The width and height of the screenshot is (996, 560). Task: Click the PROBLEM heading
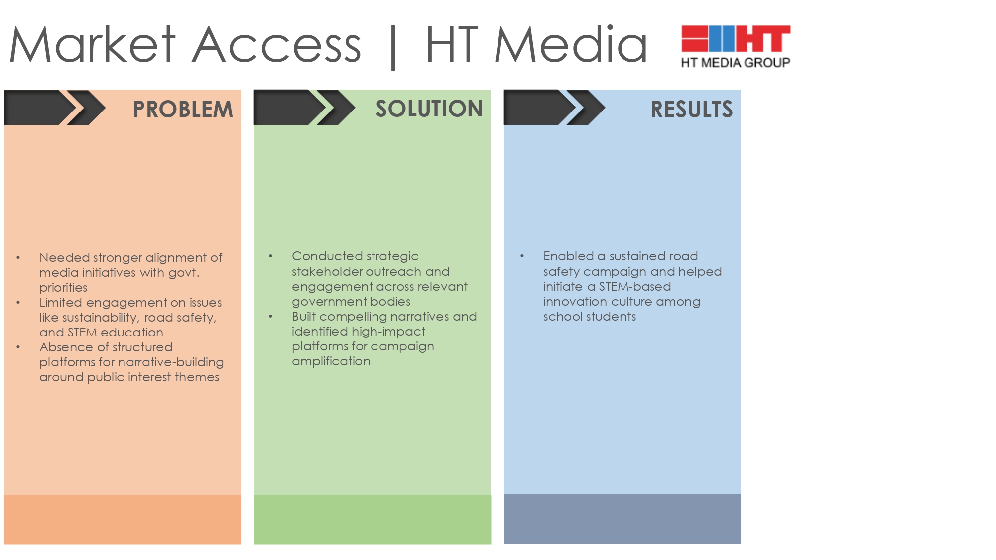(x=183, y=109)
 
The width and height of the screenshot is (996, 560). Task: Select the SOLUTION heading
(x=429, y=109)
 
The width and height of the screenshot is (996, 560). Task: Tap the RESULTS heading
(x=691, y=109)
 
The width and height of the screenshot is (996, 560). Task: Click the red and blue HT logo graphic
(x=736, y=38)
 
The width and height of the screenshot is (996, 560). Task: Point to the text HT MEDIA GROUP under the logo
(x=736, y=63)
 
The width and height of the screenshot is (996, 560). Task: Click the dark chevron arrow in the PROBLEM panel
(x=55, y=107)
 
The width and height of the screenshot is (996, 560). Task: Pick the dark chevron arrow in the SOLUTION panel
(x=304, y=107)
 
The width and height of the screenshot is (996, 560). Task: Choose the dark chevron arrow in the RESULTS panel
(x=554, y=107)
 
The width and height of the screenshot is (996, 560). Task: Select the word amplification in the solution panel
(x=331, y=361)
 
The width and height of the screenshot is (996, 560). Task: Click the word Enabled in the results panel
(x=568, y=256)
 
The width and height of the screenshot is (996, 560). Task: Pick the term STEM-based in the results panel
(x=634, y=286)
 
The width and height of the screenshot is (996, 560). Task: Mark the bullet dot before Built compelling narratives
(x=271, y=316)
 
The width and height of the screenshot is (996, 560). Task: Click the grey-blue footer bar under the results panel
(x=622, y=519)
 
